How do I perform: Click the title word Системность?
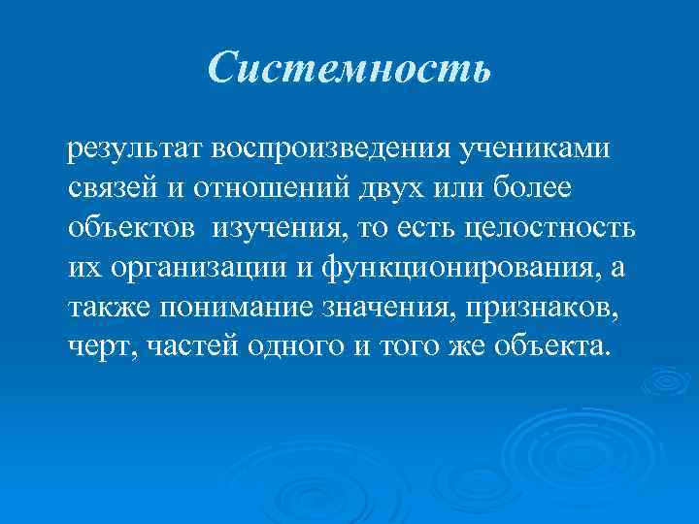pos(349,67)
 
